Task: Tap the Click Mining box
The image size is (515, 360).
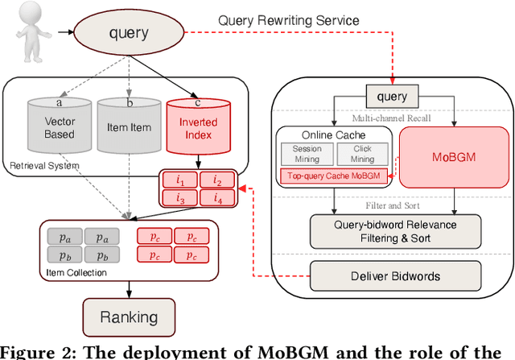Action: (x=362, y=154)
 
